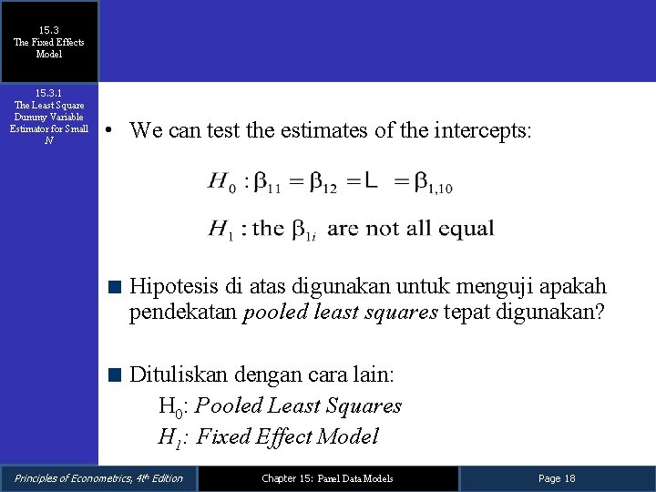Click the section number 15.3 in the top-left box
tap(49, 30)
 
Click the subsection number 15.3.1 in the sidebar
tap(49, 93)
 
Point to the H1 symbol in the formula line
tap(222, 229)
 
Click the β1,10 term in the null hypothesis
tap(433, 184)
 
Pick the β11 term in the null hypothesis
tap(266, 184)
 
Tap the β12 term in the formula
tap(323, 184)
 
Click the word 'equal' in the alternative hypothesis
tap(466, 229)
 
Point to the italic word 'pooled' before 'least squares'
tap(272, 313)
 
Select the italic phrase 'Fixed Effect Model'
tap(287, 436)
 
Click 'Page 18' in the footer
tap(557, 478)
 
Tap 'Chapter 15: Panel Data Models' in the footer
tap(327, 478)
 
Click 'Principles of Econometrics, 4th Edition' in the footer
tap(98, 478)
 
